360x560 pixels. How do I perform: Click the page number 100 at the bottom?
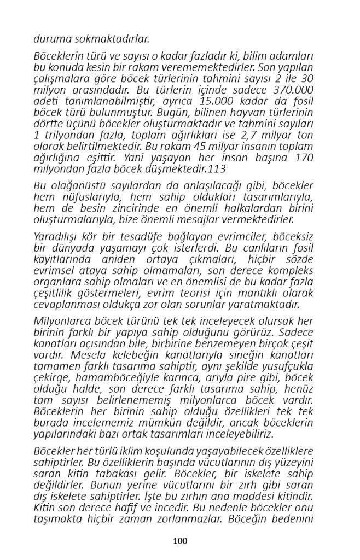180,541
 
